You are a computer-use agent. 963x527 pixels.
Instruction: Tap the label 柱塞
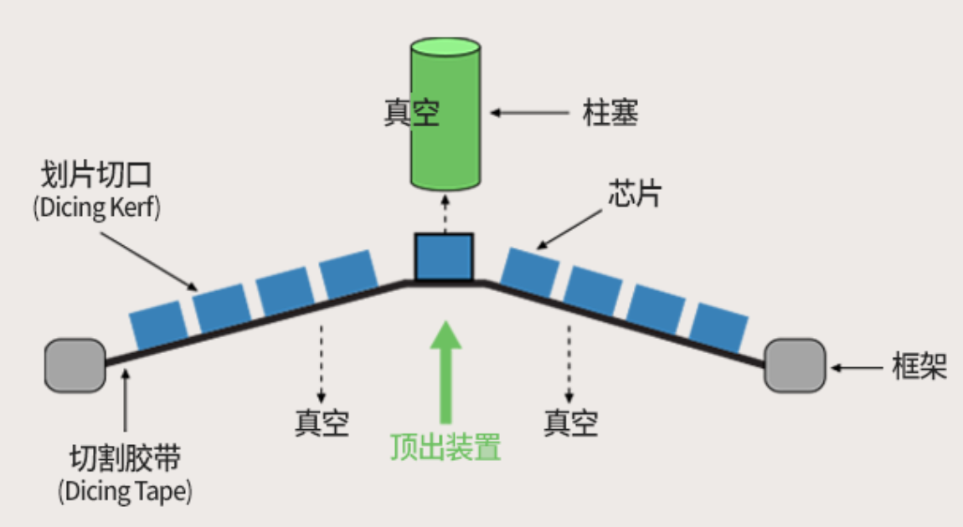(x=610, y=113)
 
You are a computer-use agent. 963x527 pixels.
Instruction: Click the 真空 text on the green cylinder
(x=412, y=113)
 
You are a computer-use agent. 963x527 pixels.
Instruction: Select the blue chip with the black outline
(x=445, y=256)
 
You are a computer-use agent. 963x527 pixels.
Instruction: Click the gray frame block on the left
(x=75, y=366)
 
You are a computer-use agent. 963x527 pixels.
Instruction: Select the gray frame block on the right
(x=794, y=366)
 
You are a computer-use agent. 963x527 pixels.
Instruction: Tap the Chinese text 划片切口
(x=96, y=176)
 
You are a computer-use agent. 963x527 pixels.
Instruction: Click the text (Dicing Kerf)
(x=96, y=207)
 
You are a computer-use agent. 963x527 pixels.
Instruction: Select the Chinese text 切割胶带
(x=125, y=458)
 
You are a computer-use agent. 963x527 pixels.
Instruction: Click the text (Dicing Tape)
(x=125, y=491)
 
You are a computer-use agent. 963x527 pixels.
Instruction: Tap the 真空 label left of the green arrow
(x=321, y=422)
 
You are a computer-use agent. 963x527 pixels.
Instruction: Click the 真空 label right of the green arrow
(x=570, y=422)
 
